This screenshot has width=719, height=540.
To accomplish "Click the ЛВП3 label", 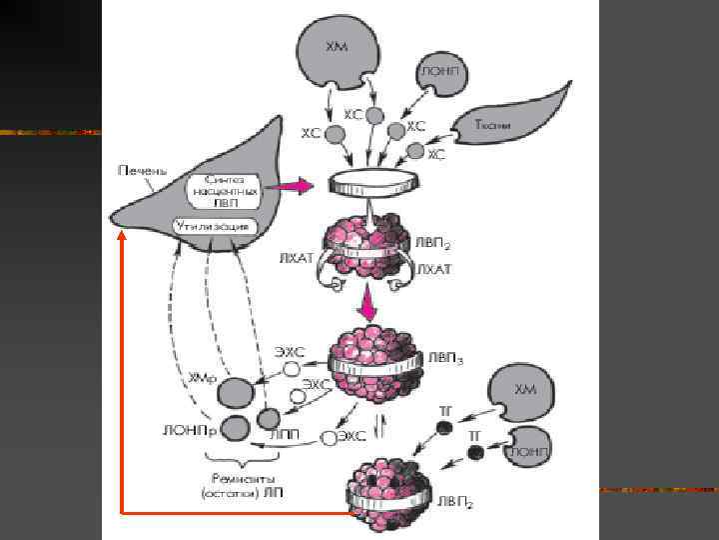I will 445,357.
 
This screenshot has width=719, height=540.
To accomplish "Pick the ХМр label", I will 199,378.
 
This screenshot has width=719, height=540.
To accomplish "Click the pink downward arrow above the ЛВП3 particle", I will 371,301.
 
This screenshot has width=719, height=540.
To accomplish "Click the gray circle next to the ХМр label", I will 236,391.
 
